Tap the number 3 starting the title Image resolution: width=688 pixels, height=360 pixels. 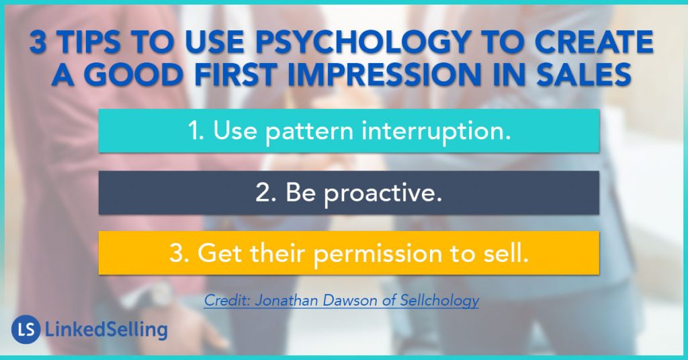(x=38, y=42)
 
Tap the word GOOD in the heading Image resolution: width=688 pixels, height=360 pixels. (x=132, y=75)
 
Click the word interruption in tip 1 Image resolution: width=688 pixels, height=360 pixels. (x=435, y=131)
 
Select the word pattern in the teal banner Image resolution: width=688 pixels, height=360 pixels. (x=309, y=132)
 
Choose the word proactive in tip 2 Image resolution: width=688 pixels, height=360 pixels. (x=382, y=193)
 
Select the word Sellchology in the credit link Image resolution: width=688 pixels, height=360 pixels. (x=439, y=301)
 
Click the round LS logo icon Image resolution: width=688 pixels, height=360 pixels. (x=26, y=329)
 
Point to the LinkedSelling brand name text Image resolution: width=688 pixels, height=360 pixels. (x=106, y=330)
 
